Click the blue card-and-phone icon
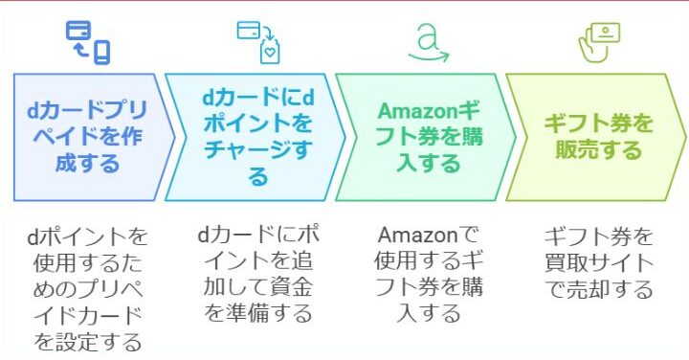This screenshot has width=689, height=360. pyautogui.click(x=88, y=42)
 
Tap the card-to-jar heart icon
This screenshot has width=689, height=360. pyautogui.click(x=258, y=42)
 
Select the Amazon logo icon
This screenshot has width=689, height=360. pyautogui.click(x=429, y=42)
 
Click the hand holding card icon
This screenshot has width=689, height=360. pyautogui.click(x=599, y=43)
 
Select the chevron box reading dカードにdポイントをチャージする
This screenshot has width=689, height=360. pyautogui.click(x=256, y=137)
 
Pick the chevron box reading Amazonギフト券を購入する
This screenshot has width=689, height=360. pyautogui.click(x=425, y=137)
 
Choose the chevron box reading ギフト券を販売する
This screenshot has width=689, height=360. pyautogui.click(x=596, y=137)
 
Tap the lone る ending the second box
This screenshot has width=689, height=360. pyautogui.click(x=258, y=177)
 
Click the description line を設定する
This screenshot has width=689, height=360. pyautogui.click(x=88, y=342)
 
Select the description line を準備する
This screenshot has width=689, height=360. pyautogui.click(x=258, y=314)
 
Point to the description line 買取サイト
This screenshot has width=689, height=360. pyautogui.click(x=599, y=263)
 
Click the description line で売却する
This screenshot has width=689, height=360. pyautogui.click(x=599, y=289)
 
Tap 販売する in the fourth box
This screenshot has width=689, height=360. pyautogui.click(x=598, y=150)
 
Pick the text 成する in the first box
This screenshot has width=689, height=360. pyautogui.click(x=87, y=163)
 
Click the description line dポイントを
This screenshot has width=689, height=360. pyautogui.click(x=88, y=236)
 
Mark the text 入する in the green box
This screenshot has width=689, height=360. pyautogui.click(x=429, y=163)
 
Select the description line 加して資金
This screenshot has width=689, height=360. pyautogui.click(x=258, y=287)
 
